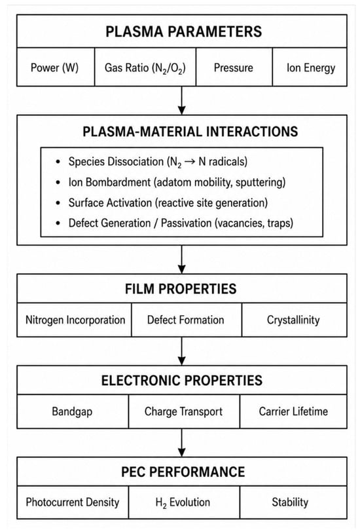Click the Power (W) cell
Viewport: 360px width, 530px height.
(56, 67)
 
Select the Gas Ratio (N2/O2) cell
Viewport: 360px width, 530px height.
(145, 67)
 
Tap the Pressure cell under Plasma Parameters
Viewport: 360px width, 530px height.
(234, 67)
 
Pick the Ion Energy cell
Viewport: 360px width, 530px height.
(310, 67)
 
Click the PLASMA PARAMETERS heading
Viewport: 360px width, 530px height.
(183, 31)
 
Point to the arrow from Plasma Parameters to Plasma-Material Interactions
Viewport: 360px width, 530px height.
(182, 100)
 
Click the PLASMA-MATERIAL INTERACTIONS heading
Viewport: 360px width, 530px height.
(190, 132)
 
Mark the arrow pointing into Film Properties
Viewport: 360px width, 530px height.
(182, 259)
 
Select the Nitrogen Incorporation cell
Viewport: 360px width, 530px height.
(75, 320)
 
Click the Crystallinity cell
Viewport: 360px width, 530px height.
(295, 320)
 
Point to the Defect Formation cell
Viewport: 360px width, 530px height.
(187, 320)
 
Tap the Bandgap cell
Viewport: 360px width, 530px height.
(73, 411)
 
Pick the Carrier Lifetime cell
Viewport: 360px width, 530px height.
(293, 411)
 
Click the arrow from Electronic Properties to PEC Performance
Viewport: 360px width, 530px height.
(182, 443)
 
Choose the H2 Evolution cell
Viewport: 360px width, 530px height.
(184, 502)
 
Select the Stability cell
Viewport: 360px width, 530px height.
(293, 502)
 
